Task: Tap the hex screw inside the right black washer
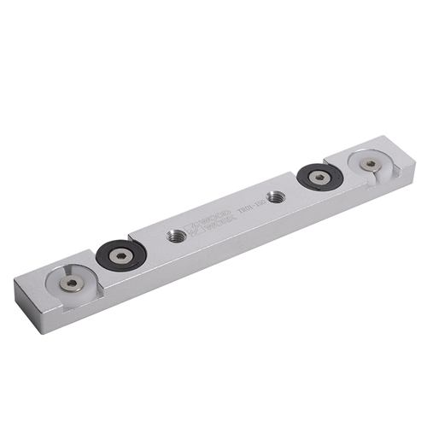click(319, 177)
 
